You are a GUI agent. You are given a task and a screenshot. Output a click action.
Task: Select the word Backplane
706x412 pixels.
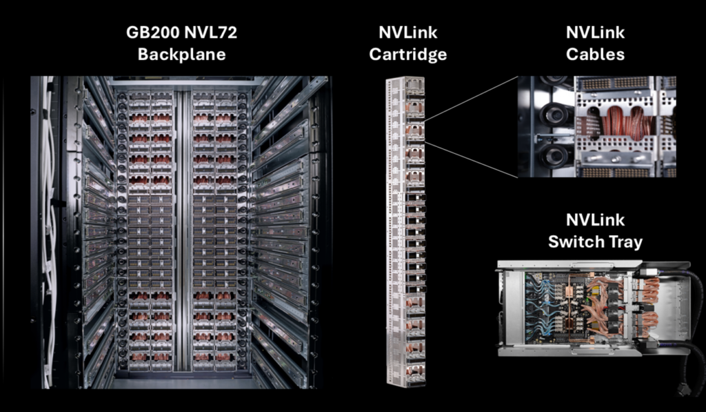(181, 54)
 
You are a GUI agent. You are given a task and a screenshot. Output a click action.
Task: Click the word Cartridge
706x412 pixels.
(407, 54)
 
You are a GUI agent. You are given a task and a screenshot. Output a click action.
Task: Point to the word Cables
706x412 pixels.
(596, 54)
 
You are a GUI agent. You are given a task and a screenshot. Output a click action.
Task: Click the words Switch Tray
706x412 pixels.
(595, 242)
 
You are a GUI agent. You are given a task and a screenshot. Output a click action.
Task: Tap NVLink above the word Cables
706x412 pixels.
(596, 32)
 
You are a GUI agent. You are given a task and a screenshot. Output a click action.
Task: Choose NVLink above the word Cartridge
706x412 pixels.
(407, 32)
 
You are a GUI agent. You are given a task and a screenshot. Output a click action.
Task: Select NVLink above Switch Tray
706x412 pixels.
(595, 220)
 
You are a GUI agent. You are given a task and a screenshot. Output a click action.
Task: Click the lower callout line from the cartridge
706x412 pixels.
(469, 158)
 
